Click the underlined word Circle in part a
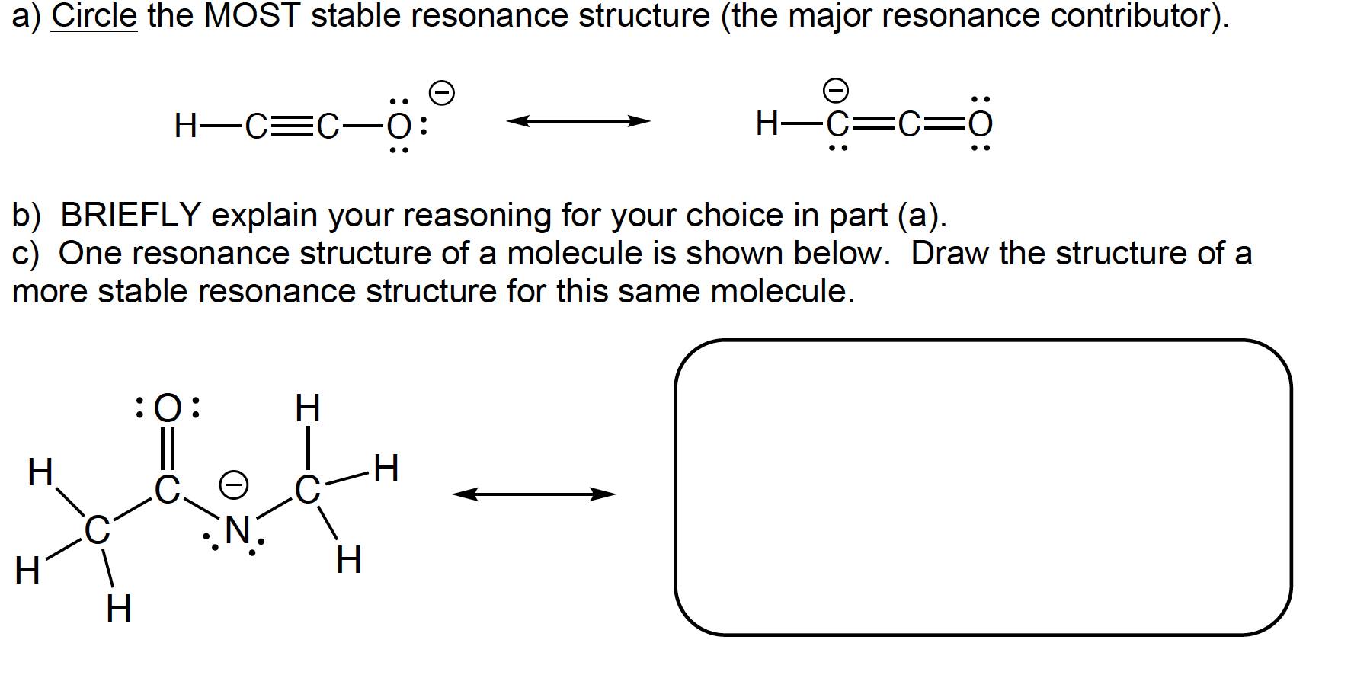pyautogui.click(x=94, y=15)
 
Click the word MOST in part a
pyautogui.click(x=252, y=15)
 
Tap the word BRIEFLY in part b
pyautogui.click(x=130, y=215)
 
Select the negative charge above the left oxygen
pyautogui.click(x=442, y=94)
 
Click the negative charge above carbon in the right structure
pyautogui.click(x=837, y=91)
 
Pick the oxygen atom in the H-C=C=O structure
pyautogui.click(x=981, y=124)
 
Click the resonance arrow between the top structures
pyautogui.click(x=578, y=121)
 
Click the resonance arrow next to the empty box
pyautogui.click(x=533, y=494)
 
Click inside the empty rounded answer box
pyautogui.click(x=983, y=488)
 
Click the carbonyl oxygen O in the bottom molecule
pyautogui.click(x=168, y=408)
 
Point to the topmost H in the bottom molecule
pyautogui.click(x=307, y=409)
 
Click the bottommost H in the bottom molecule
pyautogui.click(x=118, y=609)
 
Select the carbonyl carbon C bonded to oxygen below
pyautogui.click(x=167, y=490)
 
